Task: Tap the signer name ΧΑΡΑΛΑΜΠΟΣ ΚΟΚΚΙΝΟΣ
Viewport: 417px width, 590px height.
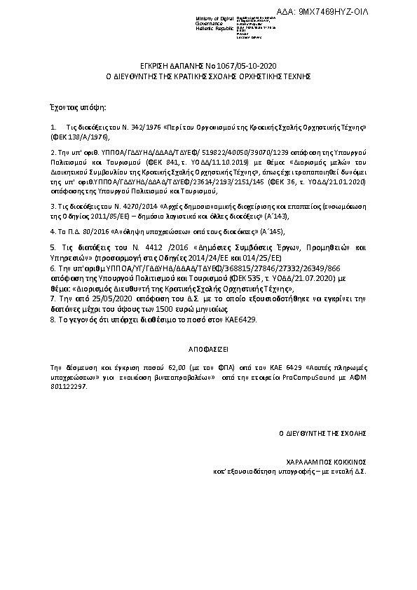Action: tap(327, 462)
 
